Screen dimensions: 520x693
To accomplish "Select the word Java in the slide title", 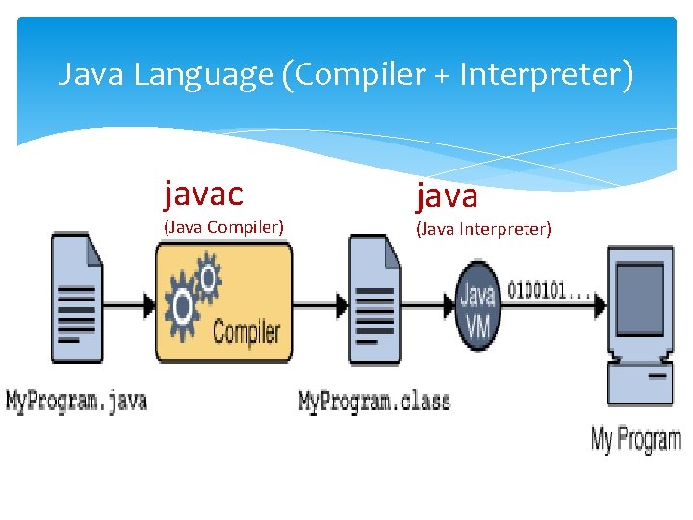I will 91,74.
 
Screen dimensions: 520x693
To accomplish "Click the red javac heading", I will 203,194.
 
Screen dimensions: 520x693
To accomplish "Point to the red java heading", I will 446,195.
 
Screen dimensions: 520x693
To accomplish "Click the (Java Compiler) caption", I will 223,228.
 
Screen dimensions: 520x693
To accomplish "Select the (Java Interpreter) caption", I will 483,228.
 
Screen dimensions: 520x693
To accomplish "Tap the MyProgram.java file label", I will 77,400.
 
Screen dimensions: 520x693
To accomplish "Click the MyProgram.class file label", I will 374,400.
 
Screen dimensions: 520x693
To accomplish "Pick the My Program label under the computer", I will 635,440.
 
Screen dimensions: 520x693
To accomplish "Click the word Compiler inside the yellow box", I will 245,332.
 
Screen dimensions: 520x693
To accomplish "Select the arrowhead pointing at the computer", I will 599,304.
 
